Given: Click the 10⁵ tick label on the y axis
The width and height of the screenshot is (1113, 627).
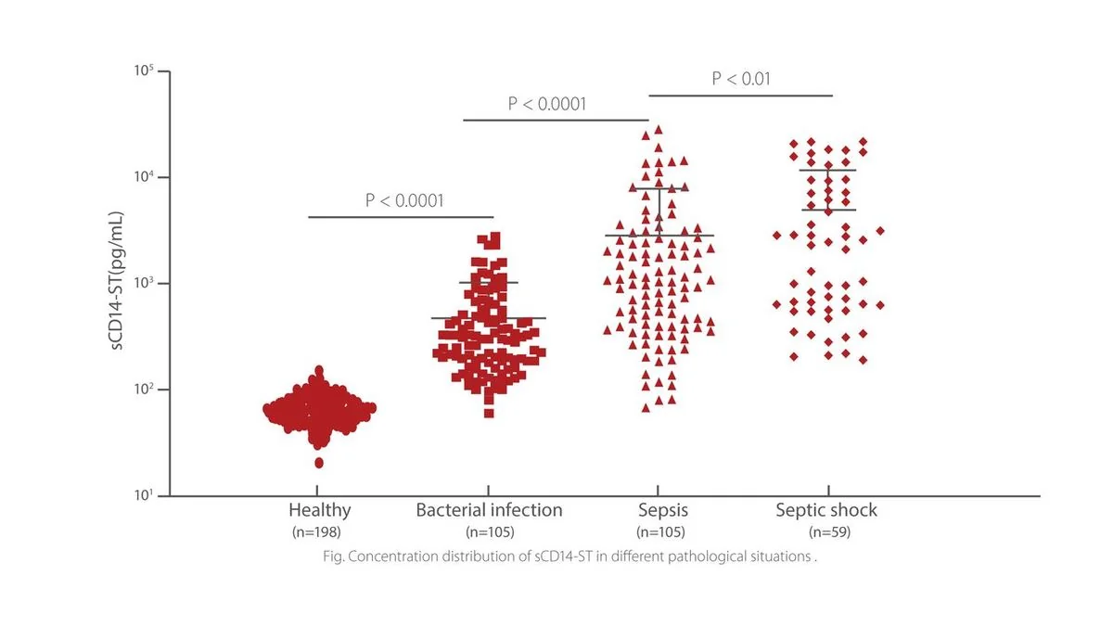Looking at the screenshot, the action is (x=144, y=71).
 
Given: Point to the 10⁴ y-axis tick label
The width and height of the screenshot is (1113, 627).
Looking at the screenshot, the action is (x=144, y=176).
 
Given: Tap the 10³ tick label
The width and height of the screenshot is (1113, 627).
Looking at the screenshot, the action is (x=144, y=283).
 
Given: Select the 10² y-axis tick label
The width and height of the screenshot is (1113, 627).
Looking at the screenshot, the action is (x=144, y=389).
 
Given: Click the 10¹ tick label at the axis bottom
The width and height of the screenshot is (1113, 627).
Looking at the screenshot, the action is (x=144, y=495).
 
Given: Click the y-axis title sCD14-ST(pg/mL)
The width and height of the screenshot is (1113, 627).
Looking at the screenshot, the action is (x=116, y=281).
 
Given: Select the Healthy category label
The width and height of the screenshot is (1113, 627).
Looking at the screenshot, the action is (x=319, y=510).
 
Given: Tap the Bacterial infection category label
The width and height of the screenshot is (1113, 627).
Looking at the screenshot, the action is (x=489, y=510).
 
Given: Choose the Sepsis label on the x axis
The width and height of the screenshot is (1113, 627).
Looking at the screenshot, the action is (x=663, y=511).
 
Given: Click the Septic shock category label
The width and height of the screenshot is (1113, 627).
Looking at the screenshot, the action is (x=826, y=511).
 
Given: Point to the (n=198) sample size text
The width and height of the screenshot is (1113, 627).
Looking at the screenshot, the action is (x=316, y=532).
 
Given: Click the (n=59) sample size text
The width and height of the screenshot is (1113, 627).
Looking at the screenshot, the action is (x=829, y=532).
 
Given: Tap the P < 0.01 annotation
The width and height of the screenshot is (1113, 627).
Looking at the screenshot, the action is (x=741, y=79).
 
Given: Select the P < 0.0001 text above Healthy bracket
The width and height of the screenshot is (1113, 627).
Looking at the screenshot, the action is (x=404, y=200).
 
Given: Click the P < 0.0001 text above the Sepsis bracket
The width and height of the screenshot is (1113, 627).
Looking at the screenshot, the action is (x=547, y=104).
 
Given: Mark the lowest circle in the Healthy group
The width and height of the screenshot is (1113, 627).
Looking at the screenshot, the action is (x=319, y=463).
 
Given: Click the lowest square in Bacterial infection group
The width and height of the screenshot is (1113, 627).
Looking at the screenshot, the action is (x=489, y=414).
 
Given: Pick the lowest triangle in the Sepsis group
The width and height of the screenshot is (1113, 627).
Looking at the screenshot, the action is (x=646, y=408).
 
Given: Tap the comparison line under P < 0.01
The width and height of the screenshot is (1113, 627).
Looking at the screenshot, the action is (x=741, y=96).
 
